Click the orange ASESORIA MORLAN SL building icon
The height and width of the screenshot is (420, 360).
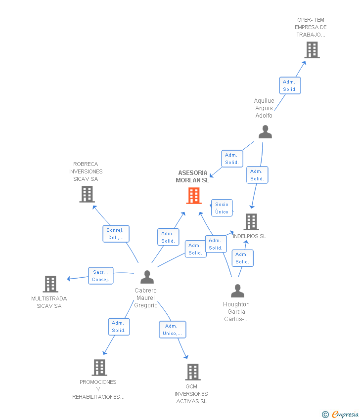(193, 196)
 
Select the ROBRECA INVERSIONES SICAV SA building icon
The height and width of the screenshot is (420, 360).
(87, 194)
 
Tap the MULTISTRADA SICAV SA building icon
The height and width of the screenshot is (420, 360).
(50, 284)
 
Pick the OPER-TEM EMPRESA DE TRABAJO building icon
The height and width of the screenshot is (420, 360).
(312, 50)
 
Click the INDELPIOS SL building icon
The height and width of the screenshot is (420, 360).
(251, 222)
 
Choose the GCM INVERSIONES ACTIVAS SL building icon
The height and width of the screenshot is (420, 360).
(192, 372)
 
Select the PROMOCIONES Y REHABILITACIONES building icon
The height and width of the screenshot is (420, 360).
(99, 368)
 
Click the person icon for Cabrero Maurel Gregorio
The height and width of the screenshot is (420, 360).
(147, 277)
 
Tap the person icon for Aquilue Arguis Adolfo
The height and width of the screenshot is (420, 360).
(265, 132)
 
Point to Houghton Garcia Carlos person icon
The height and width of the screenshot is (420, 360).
(237, 291)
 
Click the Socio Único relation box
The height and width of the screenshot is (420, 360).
(222, 208)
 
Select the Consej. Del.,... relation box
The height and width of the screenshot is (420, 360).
(116, 234)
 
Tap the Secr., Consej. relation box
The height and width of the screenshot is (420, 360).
(101, 276)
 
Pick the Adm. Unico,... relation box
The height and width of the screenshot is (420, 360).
(173, 330)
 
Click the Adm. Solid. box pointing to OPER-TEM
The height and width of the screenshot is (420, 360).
(290, 85)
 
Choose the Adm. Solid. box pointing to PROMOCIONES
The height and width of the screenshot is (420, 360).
(119, 327)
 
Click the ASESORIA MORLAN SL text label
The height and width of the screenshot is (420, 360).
(192, 176)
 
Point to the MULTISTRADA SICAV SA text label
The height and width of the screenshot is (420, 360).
(49, 302)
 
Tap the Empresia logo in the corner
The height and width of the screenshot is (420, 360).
(345, 414)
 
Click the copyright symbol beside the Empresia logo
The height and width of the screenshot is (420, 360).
(325, 415)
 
